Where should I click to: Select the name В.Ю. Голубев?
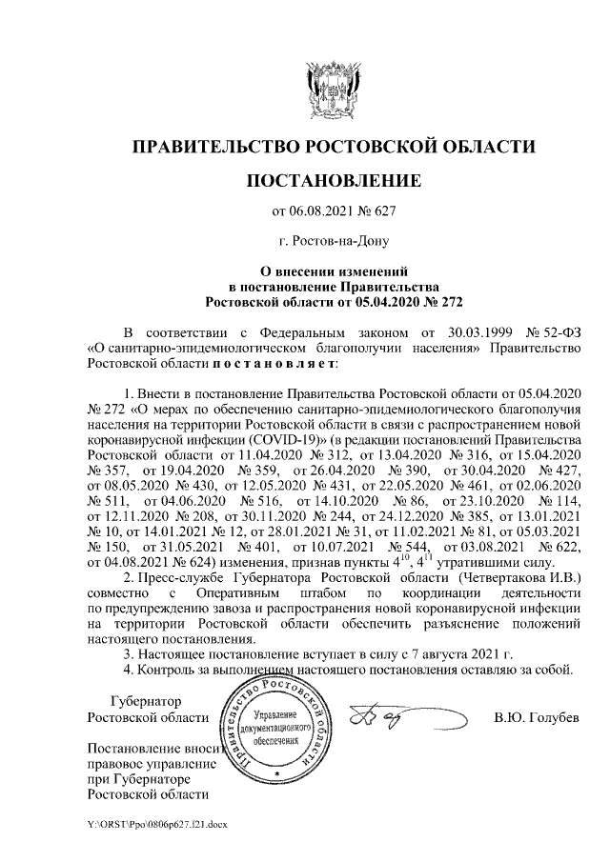coord(537,716)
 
